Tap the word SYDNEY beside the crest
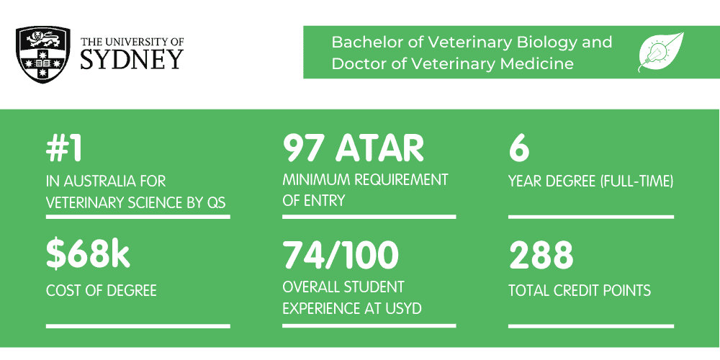[x=132, y=59]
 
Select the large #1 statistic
[x=65, y=148]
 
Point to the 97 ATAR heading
[x=353, y=148]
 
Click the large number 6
[x=518, y=148]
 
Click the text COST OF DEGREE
[x=102, y=291]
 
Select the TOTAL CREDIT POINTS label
[x=580, y=291]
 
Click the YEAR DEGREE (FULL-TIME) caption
[x=591, y=181]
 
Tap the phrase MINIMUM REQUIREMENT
[x=365, y=179]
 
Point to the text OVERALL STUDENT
[x=343, y=287]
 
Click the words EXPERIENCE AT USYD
[x=351, y=309]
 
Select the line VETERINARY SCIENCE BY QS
[x=135, y=203]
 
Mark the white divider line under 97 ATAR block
[x=369, y=216]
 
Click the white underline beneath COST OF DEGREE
[x=138, y=325]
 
